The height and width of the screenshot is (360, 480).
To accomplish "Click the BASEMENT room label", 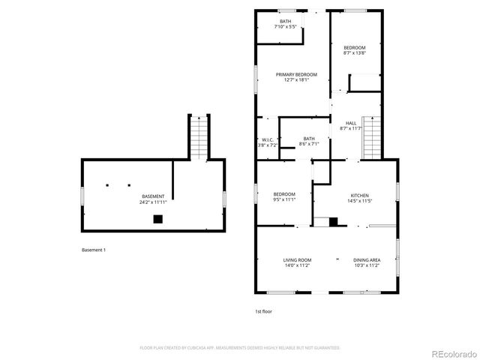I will click(x=153, y=196).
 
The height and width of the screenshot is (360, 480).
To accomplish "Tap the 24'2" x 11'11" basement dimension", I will click(x=153, y=202).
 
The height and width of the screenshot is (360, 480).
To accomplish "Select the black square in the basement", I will click(x=157, y=219).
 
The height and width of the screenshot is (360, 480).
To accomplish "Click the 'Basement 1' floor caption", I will click(x=94, y=250).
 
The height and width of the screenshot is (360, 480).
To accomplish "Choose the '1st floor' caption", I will click(x=263, y=310).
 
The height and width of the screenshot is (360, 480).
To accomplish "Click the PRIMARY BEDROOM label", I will click(x=296, y=74).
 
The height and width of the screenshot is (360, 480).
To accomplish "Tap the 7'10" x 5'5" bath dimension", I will click(x=286, y=27).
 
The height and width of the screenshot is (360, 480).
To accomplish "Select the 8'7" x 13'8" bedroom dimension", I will click(x=354, y=52).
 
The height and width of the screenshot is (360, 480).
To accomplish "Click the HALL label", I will click(x=351, y=123).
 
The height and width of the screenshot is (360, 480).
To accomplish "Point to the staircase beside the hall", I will click(x=371, y=137).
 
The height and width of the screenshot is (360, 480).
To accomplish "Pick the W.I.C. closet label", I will click(x=267, y=139).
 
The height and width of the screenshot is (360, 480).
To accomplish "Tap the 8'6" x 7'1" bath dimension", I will click(x=308, y=144).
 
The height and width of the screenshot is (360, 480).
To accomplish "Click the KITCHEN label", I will click(x=359, y=196).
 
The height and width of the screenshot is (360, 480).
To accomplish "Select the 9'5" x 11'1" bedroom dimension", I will click(x=284, y=200).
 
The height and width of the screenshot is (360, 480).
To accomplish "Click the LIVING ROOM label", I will click(x=297, y=259).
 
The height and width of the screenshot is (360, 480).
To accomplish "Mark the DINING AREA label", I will click(x=367, y=259).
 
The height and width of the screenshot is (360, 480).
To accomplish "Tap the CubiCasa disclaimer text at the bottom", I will click(x=240, y=348).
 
